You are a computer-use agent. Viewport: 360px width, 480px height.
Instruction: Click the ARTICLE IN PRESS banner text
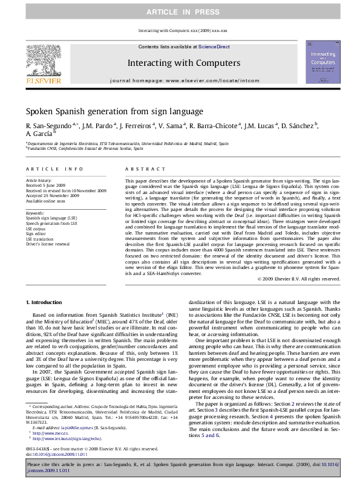click(180, 11)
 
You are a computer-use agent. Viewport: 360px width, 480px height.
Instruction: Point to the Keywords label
click(35, 212)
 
